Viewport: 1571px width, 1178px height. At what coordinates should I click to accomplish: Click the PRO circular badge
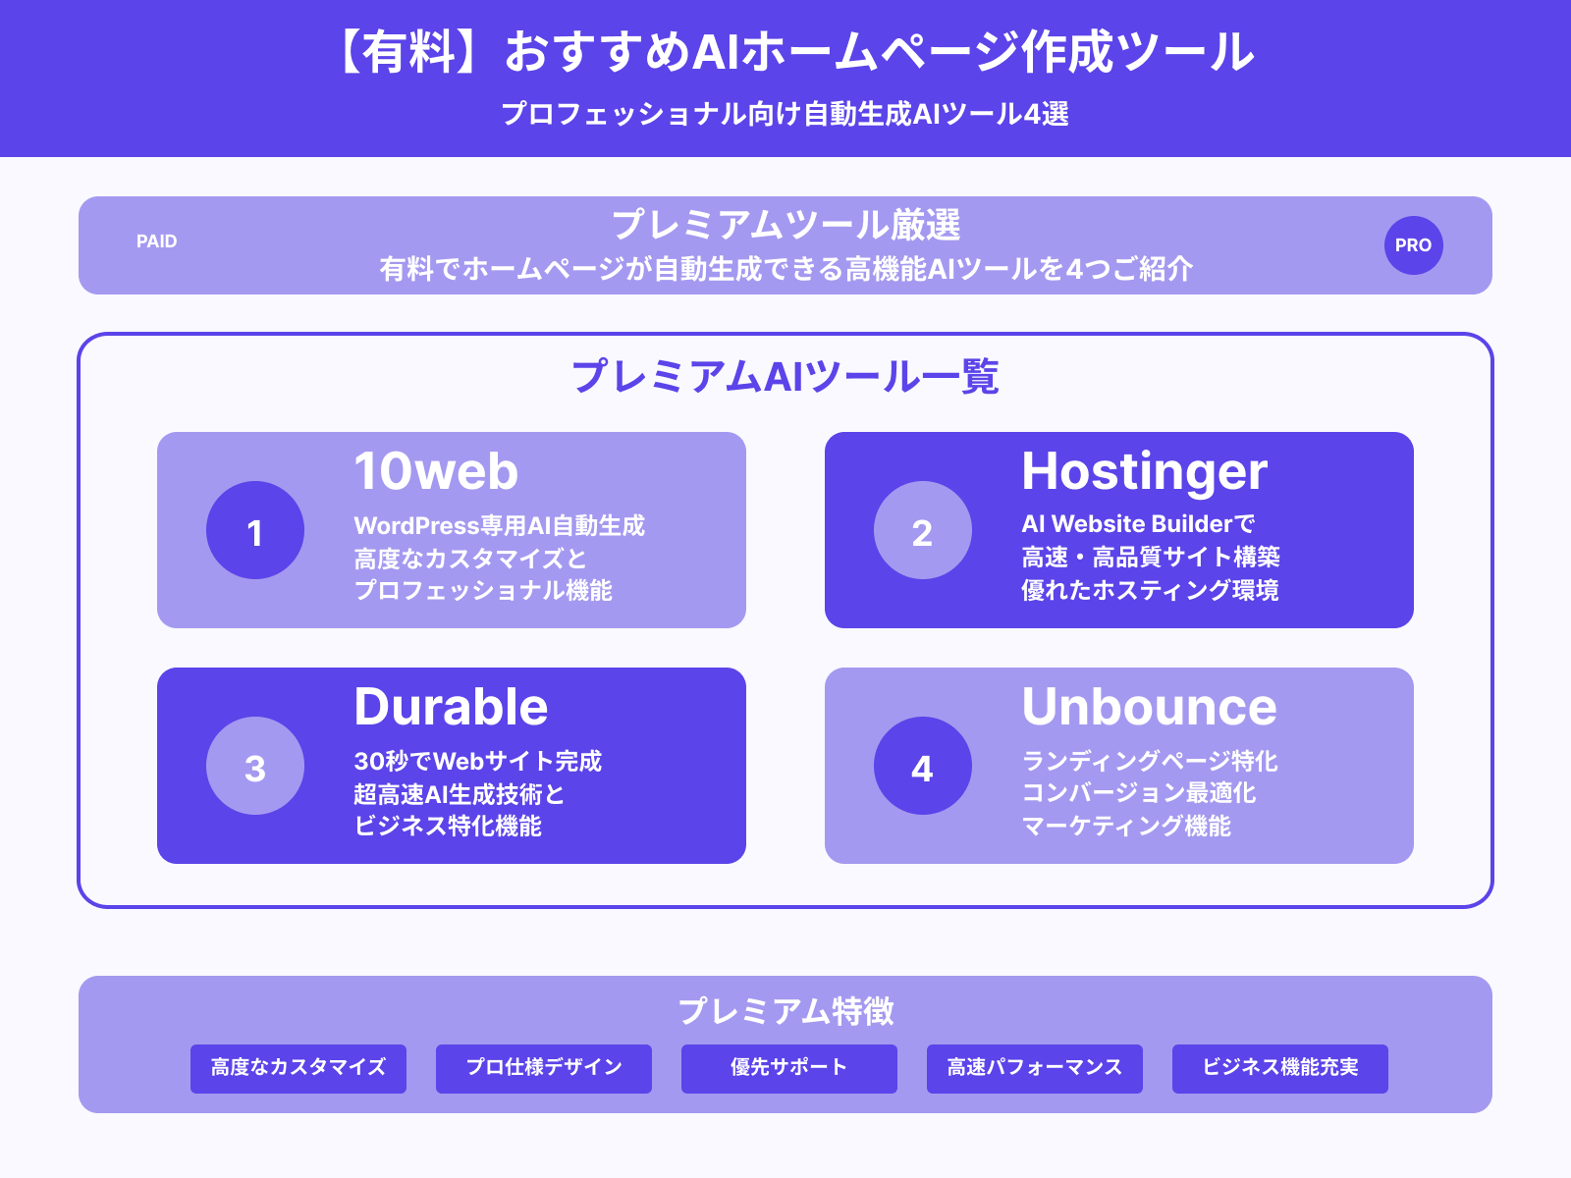point(1413,245)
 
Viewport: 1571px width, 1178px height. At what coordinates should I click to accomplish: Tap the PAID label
point(157,241)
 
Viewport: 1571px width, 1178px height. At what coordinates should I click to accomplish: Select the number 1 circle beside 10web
point(255,530)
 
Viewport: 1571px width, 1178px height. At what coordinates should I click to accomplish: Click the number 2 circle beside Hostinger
point(923,530)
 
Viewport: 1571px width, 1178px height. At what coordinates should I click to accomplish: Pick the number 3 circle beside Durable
point(255,766)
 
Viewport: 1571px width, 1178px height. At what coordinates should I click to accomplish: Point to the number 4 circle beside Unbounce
point(923,766)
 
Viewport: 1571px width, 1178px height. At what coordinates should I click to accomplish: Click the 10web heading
point(436,471)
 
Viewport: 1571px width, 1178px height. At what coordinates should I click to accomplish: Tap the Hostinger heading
point(1145,471)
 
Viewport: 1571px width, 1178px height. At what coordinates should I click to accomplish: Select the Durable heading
point(451,707)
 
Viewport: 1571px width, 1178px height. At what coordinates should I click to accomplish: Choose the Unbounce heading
point(1149,707)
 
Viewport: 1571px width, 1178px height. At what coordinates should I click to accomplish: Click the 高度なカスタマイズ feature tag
point(298,1068)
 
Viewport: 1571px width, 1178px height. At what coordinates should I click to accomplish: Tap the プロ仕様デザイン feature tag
point(544,1068)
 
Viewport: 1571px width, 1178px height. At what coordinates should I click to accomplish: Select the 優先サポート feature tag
point(789,1068)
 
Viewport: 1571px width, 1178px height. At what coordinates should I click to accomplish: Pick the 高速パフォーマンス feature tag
point(1035,1068)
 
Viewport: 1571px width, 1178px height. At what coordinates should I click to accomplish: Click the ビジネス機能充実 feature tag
point(1280,1068)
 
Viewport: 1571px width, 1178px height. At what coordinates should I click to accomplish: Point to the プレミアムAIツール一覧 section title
point(785,377)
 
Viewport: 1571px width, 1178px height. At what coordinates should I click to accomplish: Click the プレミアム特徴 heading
point(785,1011)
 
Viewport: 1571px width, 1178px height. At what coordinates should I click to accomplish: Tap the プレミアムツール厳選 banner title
point(785,226)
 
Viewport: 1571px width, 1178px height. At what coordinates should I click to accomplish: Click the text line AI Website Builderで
point(1138,524)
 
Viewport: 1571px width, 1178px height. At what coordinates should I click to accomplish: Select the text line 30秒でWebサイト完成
point(477,761)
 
